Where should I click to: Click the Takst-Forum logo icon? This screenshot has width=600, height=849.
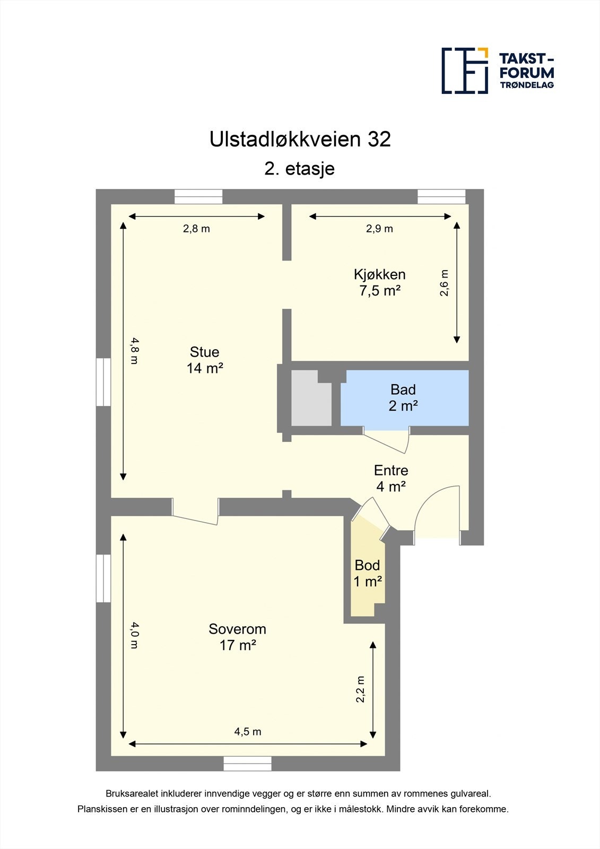tap(465, 71)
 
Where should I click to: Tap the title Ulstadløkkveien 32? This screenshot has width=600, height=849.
tap(300, 139)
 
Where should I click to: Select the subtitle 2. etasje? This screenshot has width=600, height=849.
tap(300, 169)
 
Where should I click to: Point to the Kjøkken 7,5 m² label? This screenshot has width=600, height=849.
tap(380, 282)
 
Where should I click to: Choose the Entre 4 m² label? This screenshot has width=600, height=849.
tap(391, 478)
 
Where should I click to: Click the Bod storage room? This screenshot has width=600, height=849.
tap(367, 574)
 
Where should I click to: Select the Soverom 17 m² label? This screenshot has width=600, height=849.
tap(237, 637)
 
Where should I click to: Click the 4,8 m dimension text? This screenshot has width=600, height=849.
tap(134, 351)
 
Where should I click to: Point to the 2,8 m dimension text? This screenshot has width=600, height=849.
tap(196, 229)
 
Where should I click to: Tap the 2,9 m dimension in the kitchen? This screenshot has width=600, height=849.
tap(379, 229)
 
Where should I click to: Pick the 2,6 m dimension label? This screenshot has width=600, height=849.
tap(445, 283)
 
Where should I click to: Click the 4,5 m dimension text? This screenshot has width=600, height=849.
tap(248, 732)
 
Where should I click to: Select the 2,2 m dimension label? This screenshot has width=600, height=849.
tap(361, 689)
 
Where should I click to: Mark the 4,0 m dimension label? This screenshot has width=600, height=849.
tap(134, 636)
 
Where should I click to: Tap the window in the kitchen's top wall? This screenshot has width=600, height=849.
tap(441, 196)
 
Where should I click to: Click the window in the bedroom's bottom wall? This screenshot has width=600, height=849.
tap(248, 764)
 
